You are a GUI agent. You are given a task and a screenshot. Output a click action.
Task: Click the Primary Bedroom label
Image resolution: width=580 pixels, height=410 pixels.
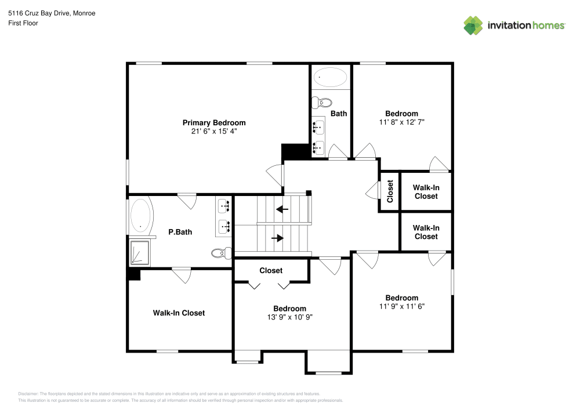point(214,123)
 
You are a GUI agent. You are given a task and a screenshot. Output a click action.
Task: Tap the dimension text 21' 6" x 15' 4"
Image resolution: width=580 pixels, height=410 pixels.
point(214,132)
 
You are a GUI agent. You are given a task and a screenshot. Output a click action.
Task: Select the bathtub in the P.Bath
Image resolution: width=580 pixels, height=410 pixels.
point(140,215)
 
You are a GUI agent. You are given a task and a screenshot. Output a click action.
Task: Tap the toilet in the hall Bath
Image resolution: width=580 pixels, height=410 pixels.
point(322,103)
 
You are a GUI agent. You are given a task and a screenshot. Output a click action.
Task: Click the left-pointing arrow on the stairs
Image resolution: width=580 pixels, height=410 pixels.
point(282,209)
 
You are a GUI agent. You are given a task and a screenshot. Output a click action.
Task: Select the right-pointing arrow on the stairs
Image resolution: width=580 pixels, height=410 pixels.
point(278,238)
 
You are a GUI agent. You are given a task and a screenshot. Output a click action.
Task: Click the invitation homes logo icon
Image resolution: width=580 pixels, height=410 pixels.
point(473,26)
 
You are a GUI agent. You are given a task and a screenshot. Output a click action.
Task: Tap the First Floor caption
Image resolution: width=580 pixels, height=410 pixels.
point(23,23)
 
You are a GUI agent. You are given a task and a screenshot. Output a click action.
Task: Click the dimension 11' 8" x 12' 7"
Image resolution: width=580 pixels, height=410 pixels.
point(402,122)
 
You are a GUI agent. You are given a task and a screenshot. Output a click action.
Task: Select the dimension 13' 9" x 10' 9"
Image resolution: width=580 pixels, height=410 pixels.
point(289,317)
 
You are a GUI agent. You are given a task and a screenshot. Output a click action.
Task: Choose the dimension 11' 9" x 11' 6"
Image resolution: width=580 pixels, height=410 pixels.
point(402,306)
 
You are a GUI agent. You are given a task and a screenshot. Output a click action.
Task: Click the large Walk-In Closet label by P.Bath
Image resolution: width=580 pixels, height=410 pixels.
point(179,313)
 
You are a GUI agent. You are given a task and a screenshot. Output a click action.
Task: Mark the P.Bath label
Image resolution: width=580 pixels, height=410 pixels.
point(180,232)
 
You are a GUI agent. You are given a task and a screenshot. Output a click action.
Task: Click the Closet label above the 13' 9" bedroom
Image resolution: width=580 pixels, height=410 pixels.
point(271,271)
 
